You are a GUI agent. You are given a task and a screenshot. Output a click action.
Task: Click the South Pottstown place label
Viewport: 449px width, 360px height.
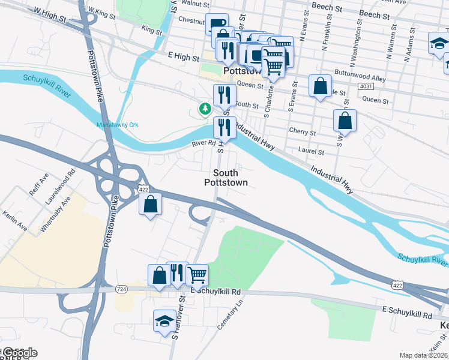(x=226, y=177)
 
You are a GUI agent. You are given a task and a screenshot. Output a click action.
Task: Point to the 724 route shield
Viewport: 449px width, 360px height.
(x=122, y=289)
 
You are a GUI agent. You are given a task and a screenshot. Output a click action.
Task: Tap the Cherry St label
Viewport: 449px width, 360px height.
(x=302, y=132)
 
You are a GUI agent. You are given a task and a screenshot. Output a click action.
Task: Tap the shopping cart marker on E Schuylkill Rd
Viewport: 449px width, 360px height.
(x=197, y=275)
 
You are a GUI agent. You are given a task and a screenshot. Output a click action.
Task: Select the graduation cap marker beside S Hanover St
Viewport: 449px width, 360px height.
(x=164, y=320)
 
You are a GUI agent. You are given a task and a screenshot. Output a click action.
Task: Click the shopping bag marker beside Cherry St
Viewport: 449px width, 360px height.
(x=345, y=121)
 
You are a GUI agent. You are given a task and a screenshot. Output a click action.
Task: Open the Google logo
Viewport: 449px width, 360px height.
(x=19, y=353)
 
